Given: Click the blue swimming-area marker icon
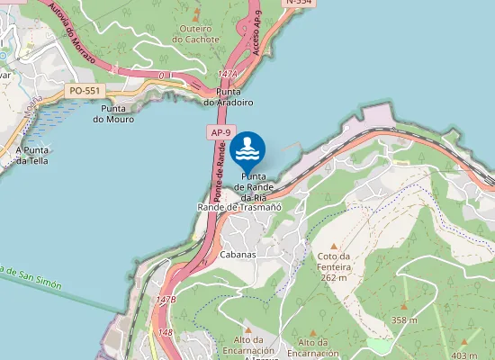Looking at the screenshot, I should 247,148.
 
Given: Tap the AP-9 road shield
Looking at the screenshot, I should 219,132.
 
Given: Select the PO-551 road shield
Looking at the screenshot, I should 84,91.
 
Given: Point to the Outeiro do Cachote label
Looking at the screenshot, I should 195,33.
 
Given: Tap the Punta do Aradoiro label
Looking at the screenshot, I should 234,97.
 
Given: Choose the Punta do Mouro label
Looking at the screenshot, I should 113,113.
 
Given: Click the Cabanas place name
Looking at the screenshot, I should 238,255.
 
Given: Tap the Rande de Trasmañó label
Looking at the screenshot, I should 239,207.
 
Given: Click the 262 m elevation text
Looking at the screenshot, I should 333,278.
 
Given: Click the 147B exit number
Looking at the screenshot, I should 166,299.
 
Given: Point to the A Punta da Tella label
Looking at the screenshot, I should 31,155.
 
